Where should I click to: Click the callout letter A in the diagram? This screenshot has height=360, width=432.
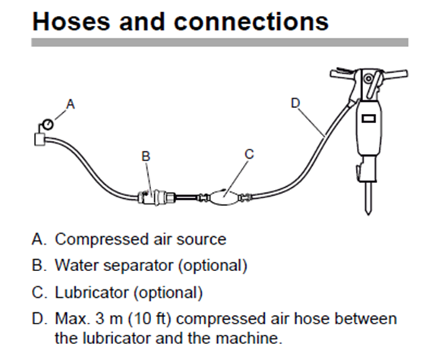(71, 104)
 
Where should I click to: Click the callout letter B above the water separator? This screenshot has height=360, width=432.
(146, 156)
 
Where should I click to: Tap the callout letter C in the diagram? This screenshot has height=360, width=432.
(249, 154)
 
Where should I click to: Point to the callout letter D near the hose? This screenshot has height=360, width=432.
(295, 103)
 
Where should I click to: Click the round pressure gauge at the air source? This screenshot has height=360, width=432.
(48, 125)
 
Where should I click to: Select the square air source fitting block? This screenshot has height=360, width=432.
(39, 139)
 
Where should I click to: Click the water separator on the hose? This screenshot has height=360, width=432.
(156, 197)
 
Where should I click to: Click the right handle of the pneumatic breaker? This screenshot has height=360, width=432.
(394, 74)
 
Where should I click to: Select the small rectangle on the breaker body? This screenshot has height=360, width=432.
(369, 118)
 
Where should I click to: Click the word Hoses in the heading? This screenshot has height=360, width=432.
(71, 22)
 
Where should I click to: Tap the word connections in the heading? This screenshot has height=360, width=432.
(251, 22)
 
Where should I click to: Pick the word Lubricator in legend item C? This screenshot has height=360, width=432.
(92, 292)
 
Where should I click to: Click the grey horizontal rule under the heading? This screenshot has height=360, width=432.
(220, 43)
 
